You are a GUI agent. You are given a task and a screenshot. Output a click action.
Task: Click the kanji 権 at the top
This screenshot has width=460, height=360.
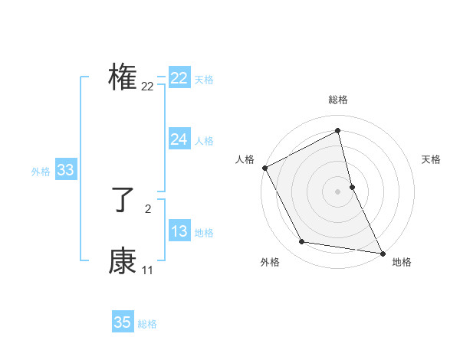[x=123, y=77]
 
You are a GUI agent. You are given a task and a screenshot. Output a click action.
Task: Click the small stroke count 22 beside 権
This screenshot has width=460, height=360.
[x=147, y=87]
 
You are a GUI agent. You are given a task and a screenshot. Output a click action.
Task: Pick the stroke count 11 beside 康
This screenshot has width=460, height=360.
[x=147, y=270]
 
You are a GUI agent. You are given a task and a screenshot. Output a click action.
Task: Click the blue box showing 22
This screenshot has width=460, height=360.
[x=179, y=78]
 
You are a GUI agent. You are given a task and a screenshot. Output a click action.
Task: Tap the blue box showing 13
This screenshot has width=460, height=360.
[x=179, y=231]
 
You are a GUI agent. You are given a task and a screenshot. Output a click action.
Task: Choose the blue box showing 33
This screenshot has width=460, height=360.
[x=65, y=170]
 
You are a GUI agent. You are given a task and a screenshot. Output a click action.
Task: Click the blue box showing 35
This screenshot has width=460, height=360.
[x=123, y=322]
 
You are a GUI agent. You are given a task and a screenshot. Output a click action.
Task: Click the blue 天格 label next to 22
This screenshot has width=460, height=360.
[x=204, y=79]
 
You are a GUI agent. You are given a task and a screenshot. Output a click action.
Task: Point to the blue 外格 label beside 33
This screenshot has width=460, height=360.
[x=41, y=172]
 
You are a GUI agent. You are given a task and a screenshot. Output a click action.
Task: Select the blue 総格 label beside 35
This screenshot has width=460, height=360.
[x=147, y=324]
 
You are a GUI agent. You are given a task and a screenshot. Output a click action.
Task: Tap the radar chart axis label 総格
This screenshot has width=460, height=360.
[x=338, y=100]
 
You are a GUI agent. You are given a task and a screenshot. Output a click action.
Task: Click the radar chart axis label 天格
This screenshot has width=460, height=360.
[x=432, y=159]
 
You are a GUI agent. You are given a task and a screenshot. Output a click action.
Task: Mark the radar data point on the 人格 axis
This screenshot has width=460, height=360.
[x=264, y=168]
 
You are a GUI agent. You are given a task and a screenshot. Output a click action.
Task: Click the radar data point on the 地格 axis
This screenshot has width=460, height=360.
[x=382, y=253]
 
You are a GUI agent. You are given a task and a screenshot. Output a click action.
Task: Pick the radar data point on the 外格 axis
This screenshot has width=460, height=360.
[x=301, y=242]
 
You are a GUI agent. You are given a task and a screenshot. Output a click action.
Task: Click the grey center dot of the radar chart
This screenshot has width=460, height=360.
[x=338, y=191]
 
